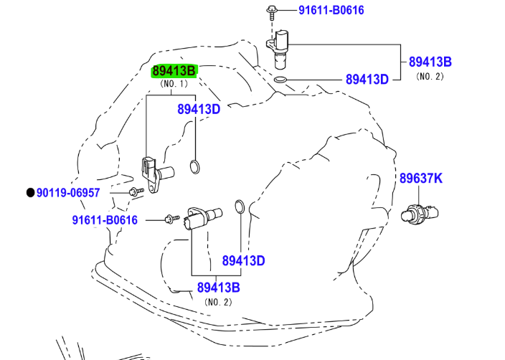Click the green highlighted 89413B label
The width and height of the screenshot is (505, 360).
[x=174, y=70]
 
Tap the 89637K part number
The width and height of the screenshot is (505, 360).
[x=421, y=179]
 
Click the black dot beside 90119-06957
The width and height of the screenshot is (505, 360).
[x=30, y=192]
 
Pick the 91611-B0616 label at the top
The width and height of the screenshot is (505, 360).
[x=331, y=10]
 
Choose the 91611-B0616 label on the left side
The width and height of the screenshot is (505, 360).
[x=105, y=219]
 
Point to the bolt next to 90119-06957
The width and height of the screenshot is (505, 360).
[x=134, y=191]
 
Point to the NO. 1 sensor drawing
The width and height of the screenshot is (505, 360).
[x=159, y=173]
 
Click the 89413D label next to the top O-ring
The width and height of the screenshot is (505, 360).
[x=367, y=79]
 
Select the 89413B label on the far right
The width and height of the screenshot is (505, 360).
[x=430, y=62]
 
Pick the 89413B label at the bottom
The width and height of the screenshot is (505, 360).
[x=218, y=288]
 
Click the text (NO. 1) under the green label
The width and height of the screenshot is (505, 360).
[x=173, y=84]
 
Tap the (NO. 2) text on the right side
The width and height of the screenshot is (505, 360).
[x=430, y=76]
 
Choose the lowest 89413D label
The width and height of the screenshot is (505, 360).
[x=243, y=260]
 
